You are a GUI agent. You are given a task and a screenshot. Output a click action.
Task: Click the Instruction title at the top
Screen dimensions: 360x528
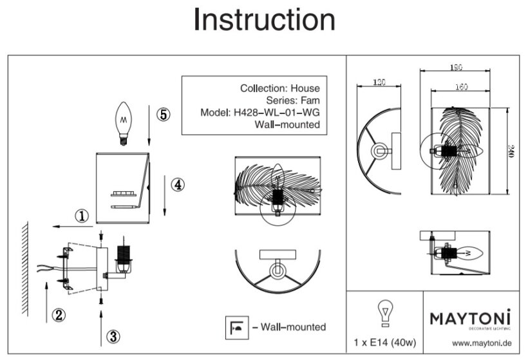pyautogui.click(x=264, y=20)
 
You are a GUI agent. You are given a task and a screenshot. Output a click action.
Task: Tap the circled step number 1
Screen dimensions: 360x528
pyautogui.click(x=81, y=216)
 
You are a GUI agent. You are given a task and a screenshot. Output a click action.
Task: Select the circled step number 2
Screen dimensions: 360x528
pyautogui.click(x=59, y=315)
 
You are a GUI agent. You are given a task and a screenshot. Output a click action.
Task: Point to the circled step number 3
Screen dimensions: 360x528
pyautogui.click(x=113, y=336)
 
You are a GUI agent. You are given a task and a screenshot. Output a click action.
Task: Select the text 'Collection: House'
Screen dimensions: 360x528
pyautogui.click(x=279, y=88)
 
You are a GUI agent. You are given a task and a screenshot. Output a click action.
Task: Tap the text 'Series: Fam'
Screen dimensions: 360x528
pyautogui.click(x=292, y=100)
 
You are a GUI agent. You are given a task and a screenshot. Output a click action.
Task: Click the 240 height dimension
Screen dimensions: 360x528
pyautogui.click(x=511, y=152)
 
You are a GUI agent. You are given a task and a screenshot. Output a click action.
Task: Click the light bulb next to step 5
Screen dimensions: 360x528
pyautogui.click(x=122, y=122)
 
